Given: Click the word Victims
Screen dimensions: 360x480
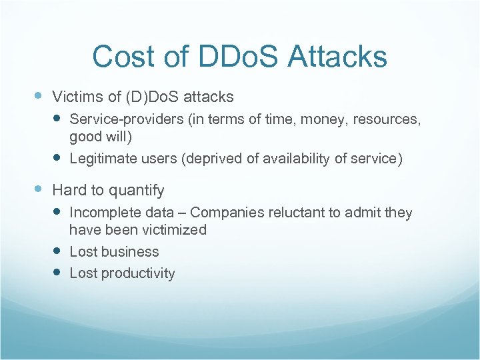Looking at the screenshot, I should [77, 97].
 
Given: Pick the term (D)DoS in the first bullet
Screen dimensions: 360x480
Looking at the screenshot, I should [150, 97].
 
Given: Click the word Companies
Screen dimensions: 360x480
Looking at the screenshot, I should [227, 213].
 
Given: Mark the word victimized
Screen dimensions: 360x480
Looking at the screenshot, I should [174, 230].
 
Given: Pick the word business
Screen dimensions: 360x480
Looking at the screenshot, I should [131, 252].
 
